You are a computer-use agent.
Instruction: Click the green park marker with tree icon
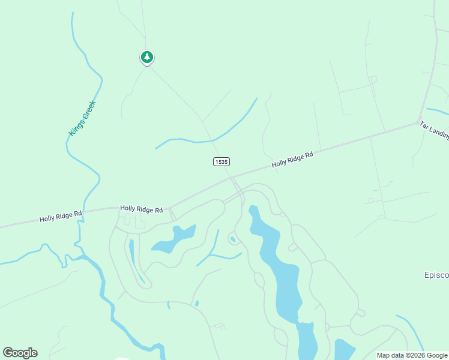(x=146, y=57)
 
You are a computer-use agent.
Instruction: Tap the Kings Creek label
(x=82, y=118)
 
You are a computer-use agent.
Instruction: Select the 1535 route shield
(x=221, y=162)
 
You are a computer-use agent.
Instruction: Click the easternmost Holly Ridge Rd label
(x=292, y=159)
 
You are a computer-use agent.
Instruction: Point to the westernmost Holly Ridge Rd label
(x=61, y=216)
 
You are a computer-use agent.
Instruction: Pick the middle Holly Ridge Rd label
(x=141, y=209)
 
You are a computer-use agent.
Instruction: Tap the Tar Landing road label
(x=434, y=130)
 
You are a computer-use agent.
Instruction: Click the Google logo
(x=20, y=353)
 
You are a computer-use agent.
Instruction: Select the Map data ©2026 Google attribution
(x=412, y=355)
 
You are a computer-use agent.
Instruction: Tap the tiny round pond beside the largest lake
(x=232, y=239)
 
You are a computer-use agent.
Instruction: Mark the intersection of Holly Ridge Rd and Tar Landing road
(x=418, y=123)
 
